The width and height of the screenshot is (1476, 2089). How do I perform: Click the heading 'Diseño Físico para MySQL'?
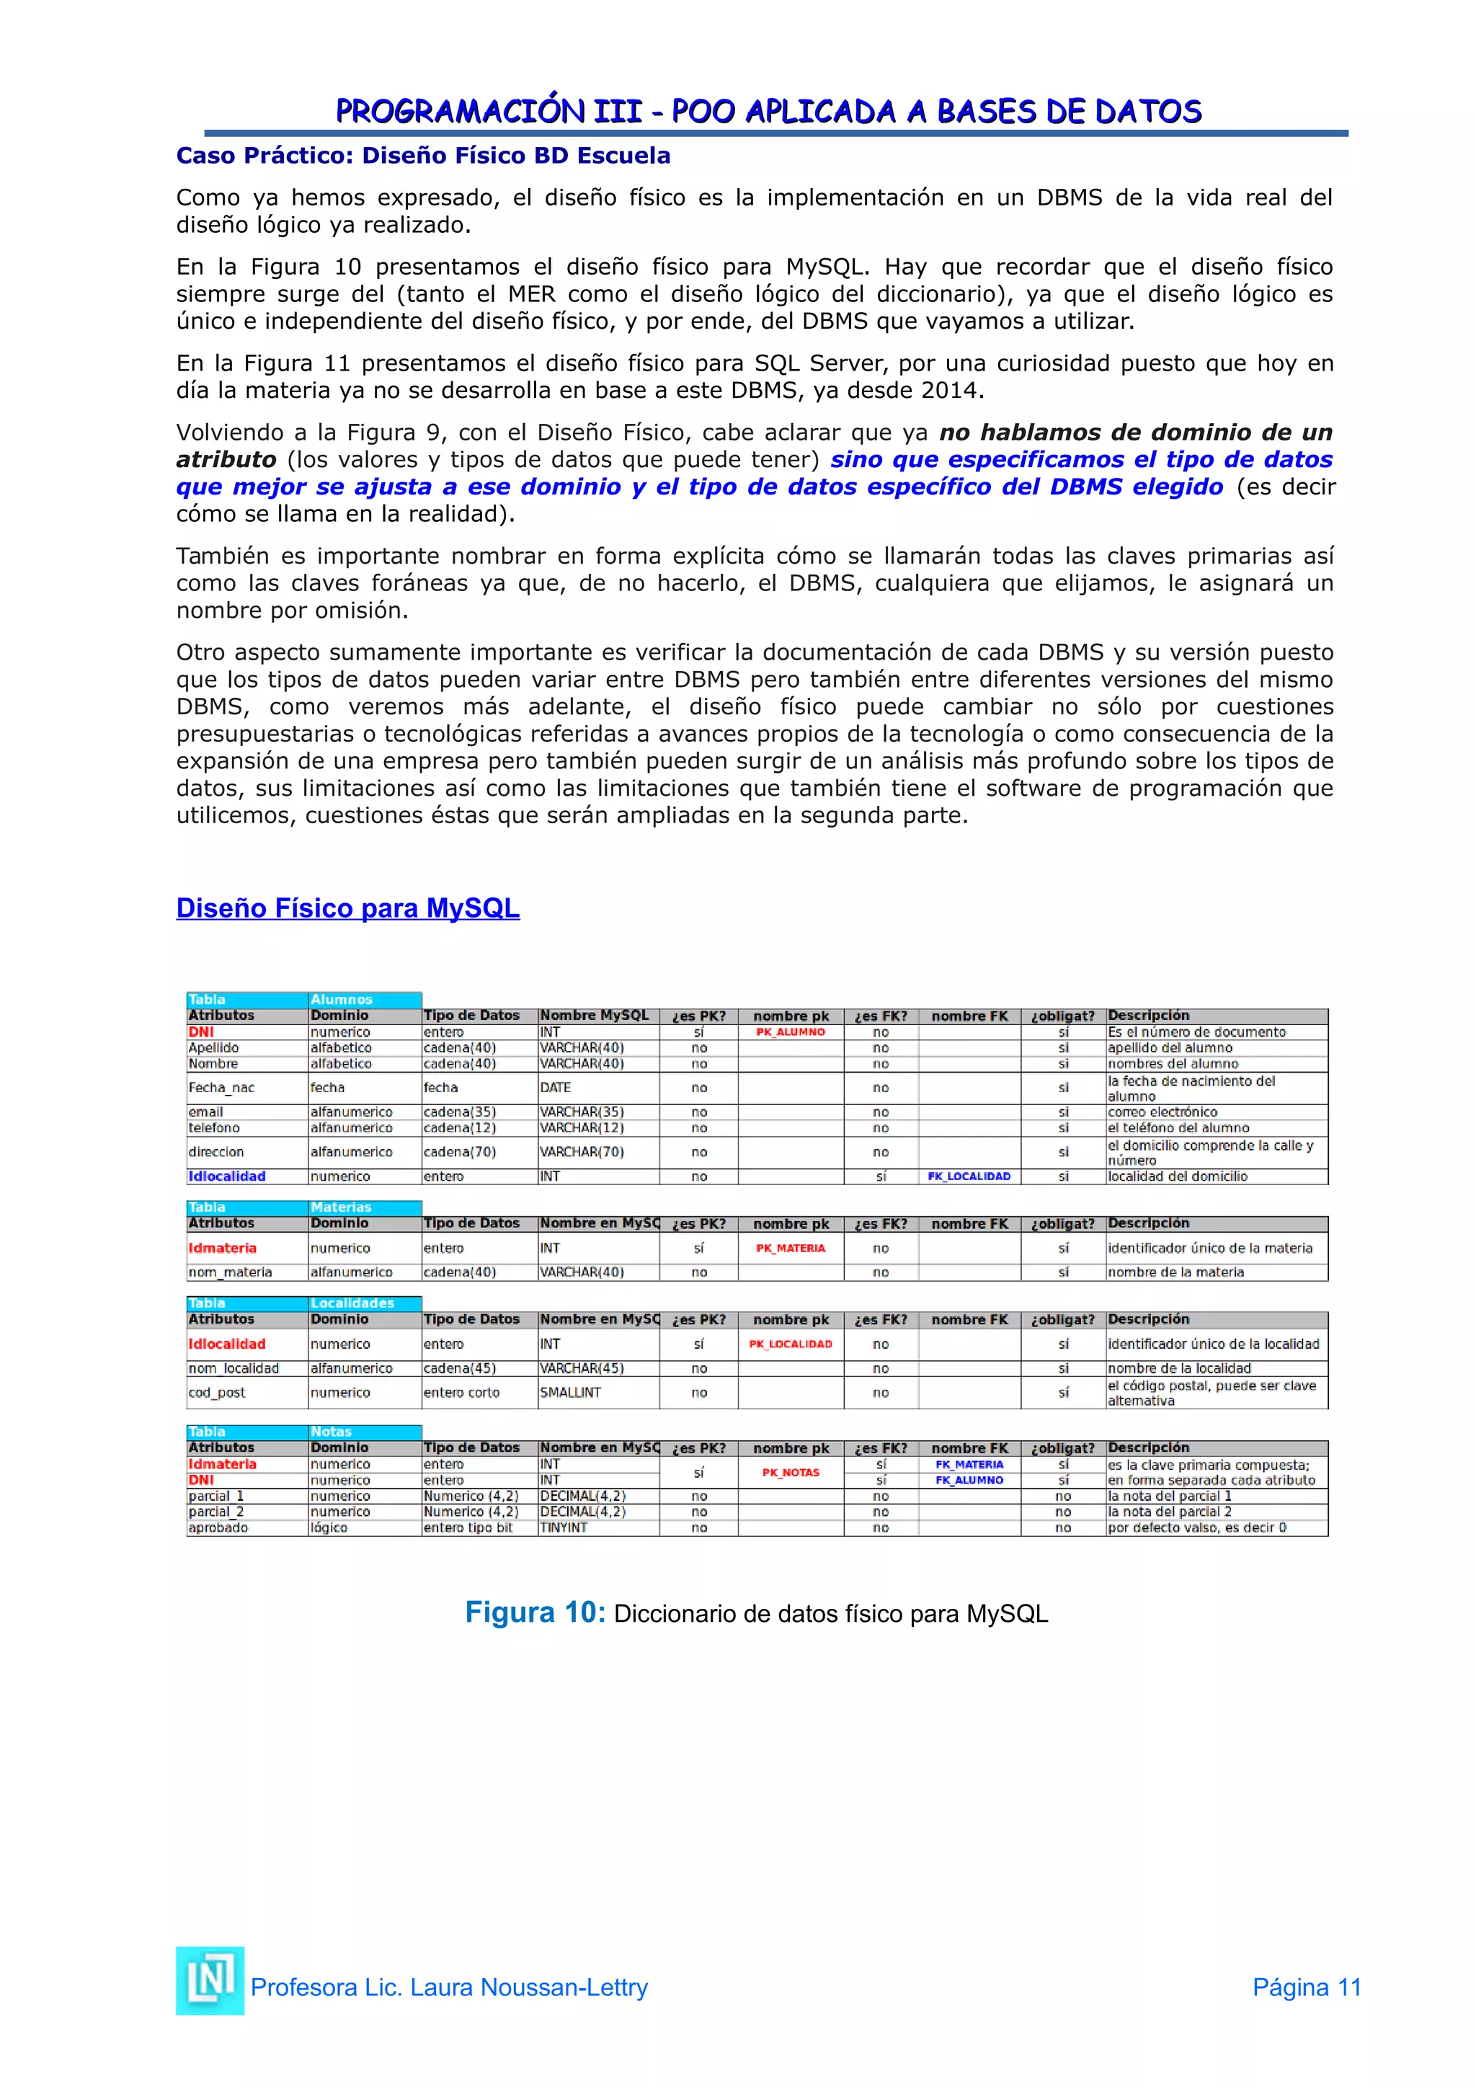[x=347, y=908]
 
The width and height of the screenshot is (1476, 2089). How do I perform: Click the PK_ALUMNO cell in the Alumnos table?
[x=791, y=1032]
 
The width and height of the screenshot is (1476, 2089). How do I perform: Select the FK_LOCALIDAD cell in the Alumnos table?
[x=969, y=1176]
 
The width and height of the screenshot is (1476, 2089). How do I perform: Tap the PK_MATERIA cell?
[x=791, y=1248]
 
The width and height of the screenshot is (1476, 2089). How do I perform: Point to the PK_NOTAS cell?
[x=791, y=1472]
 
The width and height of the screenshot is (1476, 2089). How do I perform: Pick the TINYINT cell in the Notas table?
[x=564, y=1527]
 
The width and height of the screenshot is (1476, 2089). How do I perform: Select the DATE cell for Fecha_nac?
[x=556, y=1087]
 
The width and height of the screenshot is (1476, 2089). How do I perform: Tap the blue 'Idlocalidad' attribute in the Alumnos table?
[x=227, y=1176]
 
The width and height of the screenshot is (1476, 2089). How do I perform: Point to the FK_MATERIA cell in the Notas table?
[x=969, y=1465]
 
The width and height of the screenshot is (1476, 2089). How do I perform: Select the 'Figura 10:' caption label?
[x=535, y=1613]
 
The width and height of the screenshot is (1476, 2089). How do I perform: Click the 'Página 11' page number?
[x=1306, y=1987]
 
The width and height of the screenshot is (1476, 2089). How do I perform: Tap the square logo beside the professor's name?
[x=210, y=1981]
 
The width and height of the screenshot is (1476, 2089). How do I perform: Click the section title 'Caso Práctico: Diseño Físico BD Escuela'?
[x=423, y=156]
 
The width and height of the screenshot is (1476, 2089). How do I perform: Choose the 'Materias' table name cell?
[x=341, y=1207]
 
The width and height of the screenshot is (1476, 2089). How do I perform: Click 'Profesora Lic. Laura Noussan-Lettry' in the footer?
[x=449, y=1987]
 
